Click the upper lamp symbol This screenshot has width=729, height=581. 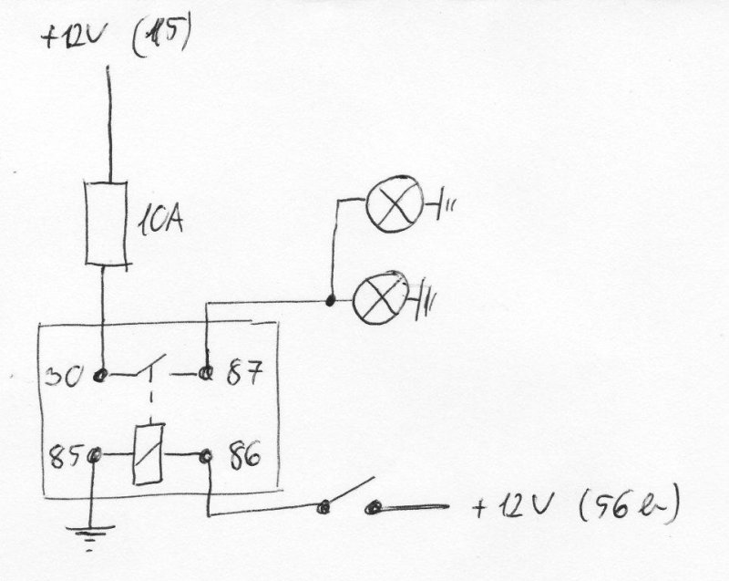click(394, 205)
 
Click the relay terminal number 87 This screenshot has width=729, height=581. click(242, 373)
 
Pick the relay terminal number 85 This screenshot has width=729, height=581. click(67, 453)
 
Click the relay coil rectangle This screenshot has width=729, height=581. click(148, 453)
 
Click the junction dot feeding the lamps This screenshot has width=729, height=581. click(330, 299)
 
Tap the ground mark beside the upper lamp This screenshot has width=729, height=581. click(446, 208)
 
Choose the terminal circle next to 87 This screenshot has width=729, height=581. click(207, 373)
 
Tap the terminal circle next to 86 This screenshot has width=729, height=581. click(206, 453)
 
